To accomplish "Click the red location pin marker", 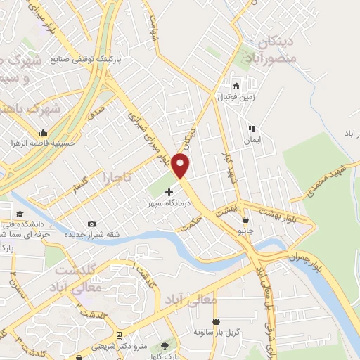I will [x=181, y=166].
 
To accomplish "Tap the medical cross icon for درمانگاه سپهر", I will [x=169, y=191].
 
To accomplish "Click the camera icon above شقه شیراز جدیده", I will [x=91, y=224].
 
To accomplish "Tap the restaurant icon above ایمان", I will [x=251, y=129].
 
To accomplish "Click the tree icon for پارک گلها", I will [x=165, y=345].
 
